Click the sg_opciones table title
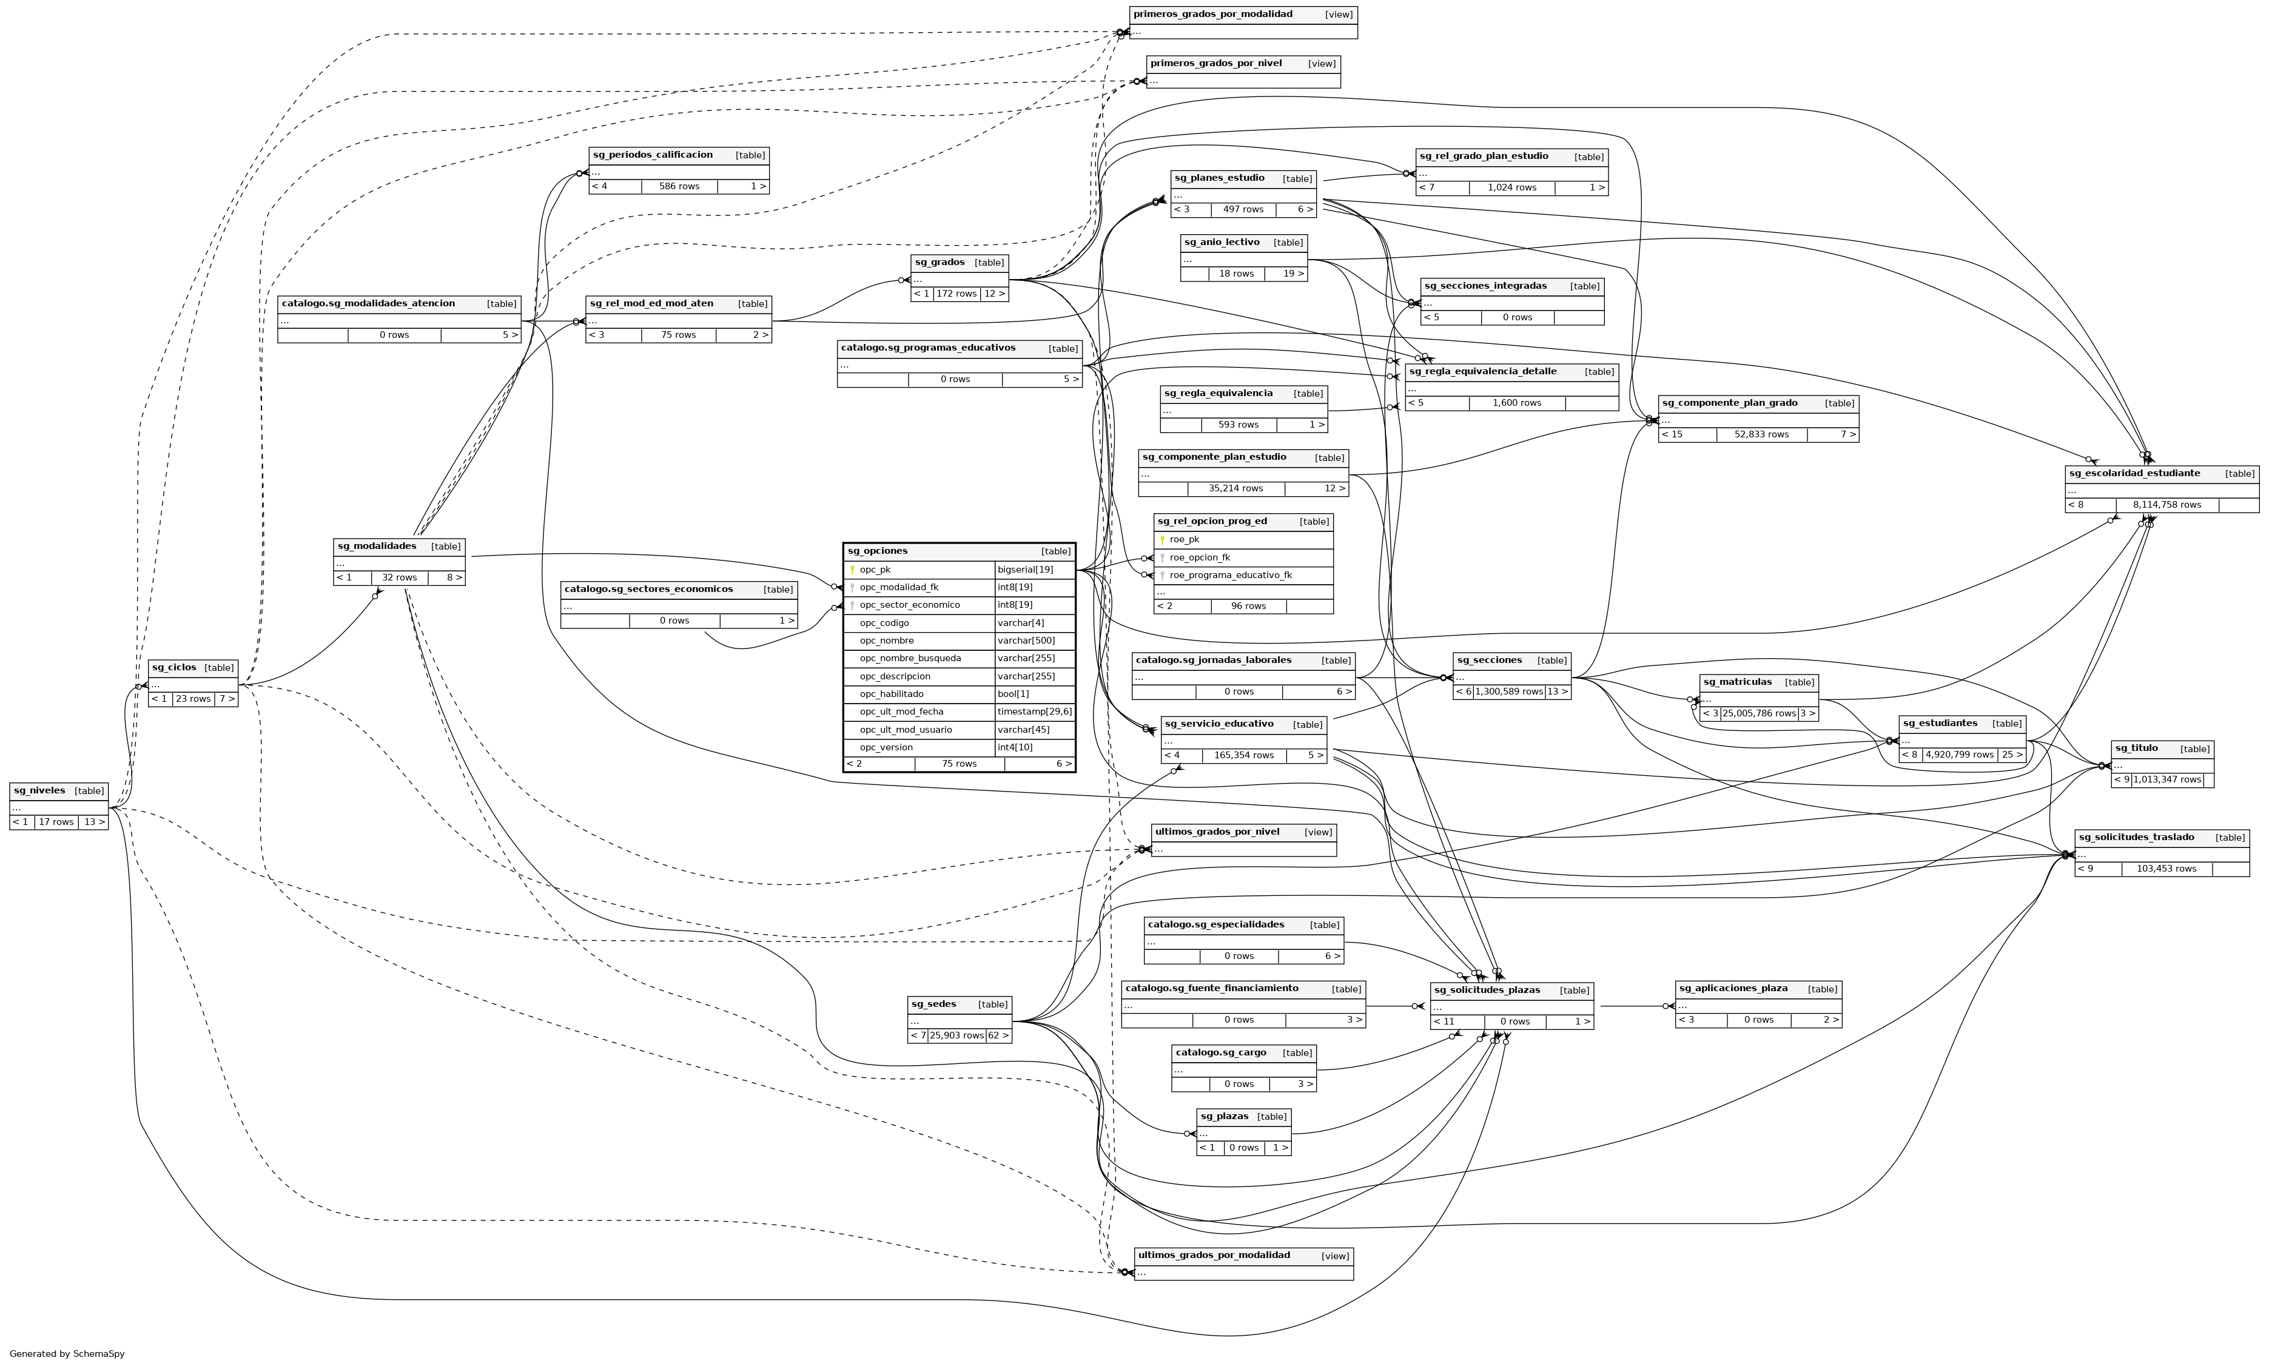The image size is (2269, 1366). (x=877, y=550)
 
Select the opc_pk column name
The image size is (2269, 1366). (x=875, y=570)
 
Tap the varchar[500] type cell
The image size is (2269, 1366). (x=1026, y=641)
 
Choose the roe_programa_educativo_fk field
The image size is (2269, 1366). (x=1230, y=575)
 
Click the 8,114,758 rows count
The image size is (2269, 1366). (x=2166, y=505)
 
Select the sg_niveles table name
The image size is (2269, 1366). (x=39, y=791)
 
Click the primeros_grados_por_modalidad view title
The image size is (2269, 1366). (x=1212, y=15)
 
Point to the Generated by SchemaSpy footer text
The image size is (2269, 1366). (x=67, y=1354)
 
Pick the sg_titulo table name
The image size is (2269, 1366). (x=2136, y=749)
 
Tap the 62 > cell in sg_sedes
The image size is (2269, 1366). (x=998, y=1035)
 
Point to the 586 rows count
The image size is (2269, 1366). (x=679, y=186)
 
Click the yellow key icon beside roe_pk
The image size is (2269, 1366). (x=1162, y=539)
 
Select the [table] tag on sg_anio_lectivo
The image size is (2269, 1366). (x=1287, y=243)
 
